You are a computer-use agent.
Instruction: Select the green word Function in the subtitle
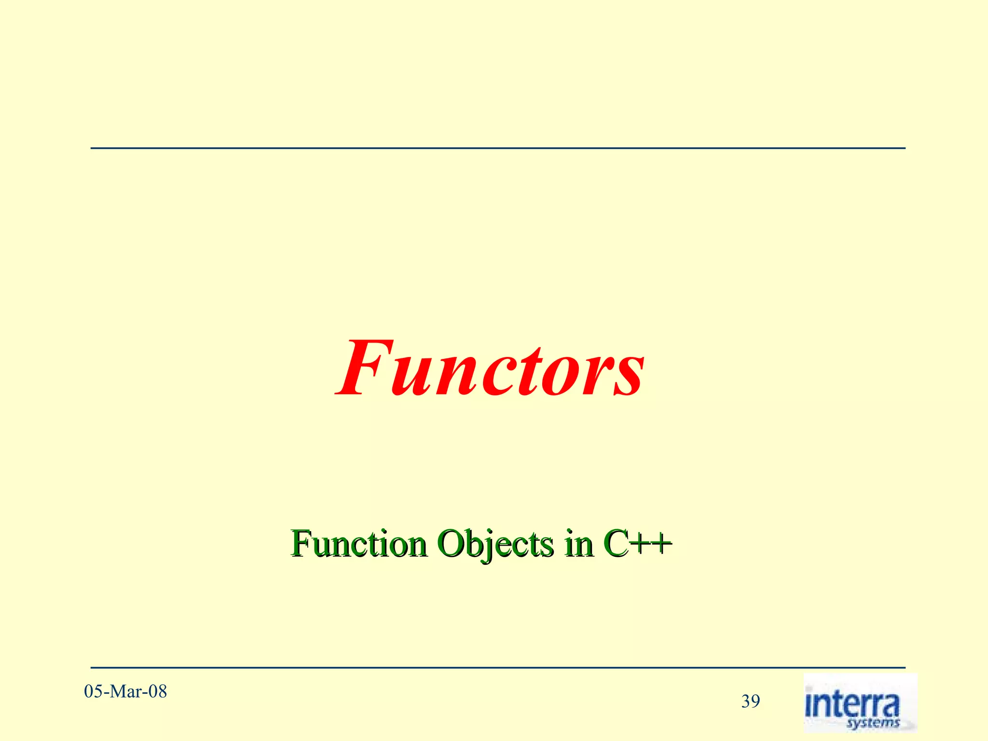click(359, 544)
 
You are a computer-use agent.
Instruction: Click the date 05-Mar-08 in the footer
click(125, 692)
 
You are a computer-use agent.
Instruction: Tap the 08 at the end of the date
click(157, 692)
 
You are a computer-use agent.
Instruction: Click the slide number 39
click(751, 701)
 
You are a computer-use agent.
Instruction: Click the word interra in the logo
click(852, 704)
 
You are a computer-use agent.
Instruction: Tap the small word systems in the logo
click(873, 723)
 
